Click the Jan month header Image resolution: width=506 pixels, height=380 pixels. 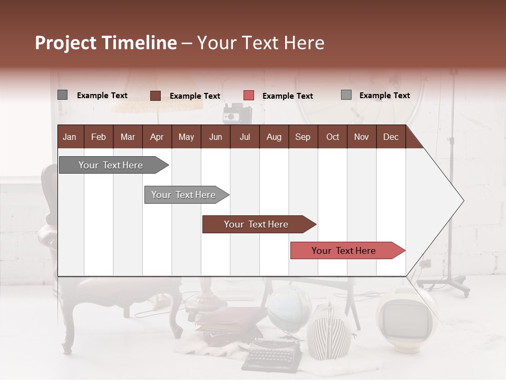click(x=70, y=137)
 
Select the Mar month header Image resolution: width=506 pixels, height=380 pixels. click(x=128, y=137)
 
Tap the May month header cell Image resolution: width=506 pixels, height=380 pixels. click(x=186, y=137)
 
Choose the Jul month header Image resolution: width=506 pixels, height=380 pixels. click(x=245, y=137)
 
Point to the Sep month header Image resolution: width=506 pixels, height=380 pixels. click(x=303, y=137)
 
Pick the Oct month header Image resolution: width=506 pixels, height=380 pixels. click(x=333, y=137)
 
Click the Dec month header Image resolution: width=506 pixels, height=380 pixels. click(x=391, y=137)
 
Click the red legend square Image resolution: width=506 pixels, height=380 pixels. click(x=249, y=96)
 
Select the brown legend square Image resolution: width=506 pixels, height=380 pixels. click(x=155, y=96)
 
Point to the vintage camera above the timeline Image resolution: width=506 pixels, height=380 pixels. click(x=236, y=113)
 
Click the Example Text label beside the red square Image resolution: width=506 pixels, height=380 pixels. click(x=288, y=96)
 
